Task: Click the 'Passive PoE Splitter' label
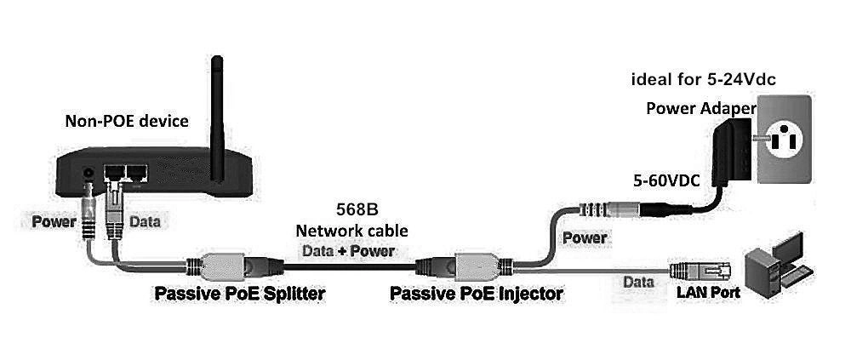click(239, 294)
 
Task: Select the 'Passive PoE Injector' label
click(476, 294)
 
